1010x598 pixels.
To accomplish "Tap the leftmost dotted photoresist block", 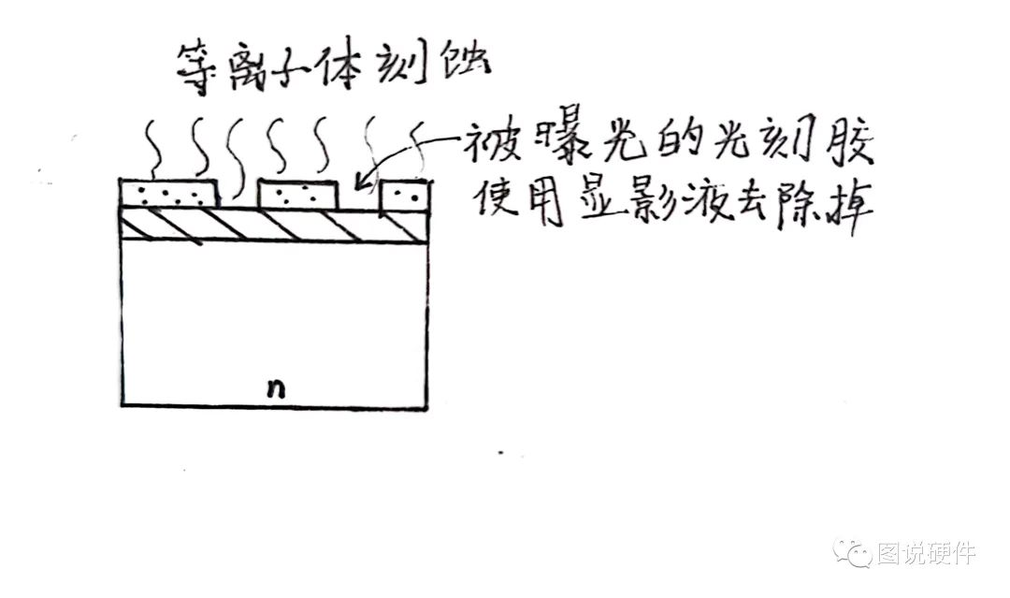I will [171, 194].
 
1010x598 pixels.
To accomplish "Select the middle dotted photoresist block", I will [296, 195].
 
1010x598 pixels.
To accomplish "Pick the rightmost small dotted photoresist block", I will [406, 195].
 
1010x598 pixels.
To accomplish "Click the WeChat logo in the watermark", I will [854, 552].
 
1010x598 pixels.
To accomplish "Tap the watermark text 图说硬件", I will [926, 553].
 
